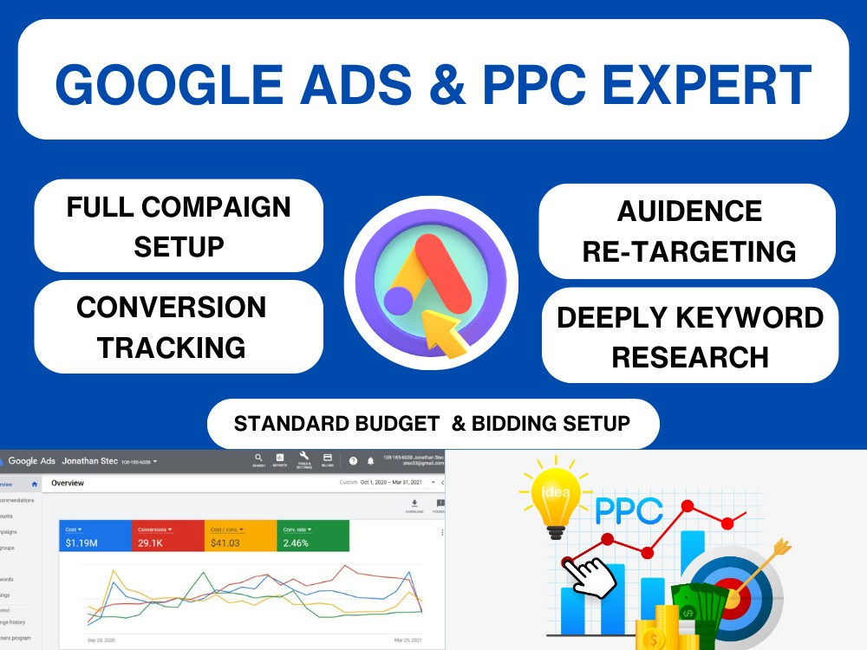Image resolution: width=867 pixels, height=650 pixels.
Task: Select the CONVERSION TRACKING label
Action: click(x=172, y=327)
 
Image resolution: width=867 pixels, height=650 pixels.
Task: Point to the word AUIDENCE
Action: click(x=689, y=211)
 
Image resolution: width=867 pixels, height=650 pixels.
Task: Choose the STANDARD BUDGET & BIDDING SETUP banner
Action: click(x=432, y=424)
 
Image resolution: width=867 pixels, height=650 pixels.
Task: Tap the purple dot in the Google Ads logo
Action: click(x=398, y=301)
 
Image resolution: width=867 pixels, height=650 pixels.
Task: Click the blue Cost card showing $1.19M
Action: click(x=95, y=536)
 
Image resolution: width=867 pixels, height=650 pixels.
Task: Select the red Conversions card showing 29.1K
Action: click(x=167, y=536)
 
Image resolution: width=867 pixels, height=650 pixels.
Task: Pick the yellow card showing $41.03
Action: click(x=240, y=536)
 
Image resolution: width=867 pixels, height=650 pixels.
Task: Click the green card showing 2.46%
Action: click(x=313, y=536)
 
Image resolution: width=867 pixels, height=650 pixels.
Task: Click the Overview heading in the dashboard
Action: click(x=68, y=483)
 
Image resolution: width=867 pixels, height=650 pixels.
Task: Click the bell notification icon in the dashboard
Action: click(x=371, y=460)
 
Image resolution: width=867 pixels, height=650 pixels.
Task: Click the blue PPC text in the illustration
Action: click(x=629, y=510)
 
